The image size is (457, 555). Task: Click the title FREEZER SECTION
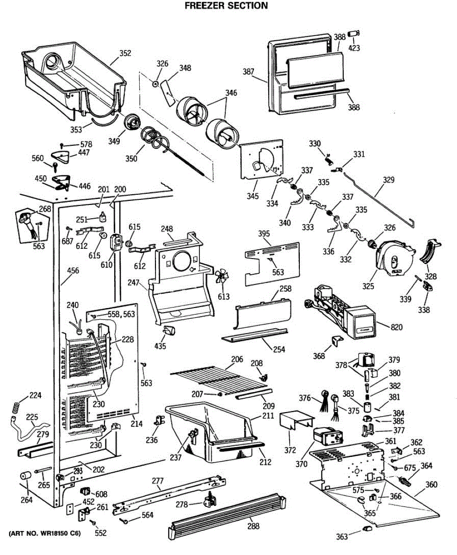click(x=226, y=6)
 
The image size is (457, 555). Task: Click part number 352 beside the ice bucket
click(x=125, y=53)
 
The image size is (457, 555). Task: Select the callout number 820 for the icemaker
click(x=396, y=327)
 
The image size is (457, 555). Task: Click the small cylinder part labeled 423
click(x=354, y=34)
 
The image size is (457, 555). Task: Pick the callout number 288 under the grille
click(x=253, y=526)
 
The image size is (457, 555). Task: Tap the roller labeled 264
click(x=25, y=476)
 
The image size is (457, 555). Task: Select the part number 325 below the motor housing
click(x=368, y=286)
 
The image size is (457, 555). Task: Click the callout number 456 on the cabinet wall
click(x=73, y=271)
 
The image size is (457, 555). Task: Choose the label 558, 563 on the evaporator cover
click(x=121, y=314)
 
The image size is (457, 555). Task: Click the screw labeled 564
click(x=123, y=521)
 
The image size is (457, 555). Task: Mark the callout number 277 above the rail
click(x=158, y=481)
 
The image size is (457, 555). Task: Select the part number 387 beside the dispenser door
click(x=248, y=72)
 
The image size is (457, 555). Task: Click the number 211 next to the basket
click(x=268, y=416)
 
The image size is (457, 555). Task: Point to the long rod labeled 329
click(x=379, y=200)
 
